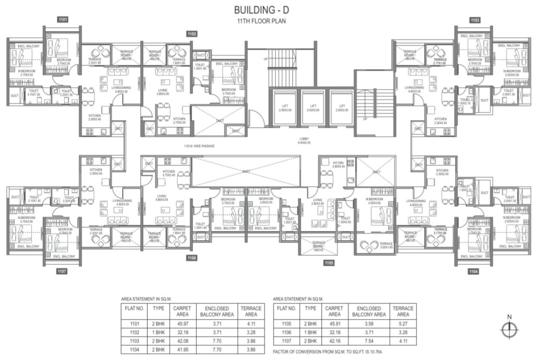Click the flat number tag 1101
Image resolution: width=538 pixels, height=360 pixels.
pos(62,20)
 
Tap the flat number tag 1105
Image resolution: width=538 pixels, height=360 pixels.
pos(328,263)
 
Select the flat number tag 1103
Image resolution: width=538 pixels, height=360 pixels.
pos(474,20)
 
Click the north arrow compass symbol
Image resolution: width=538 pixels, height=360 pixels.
pos(509,329)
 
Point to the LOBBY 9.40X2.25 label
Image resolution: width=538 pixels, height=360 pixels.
pos(304,141)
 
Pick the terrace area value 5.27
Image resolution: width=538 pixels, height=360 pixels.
pos(403,324)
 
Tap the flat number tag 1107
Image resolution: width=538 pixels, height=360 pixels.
pos(62,271)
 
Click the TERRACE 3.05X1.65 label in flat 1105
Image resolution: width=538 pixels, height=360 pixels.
pos(385,246)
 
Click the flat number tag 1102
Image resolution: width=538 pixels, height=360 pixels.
pos(191,34)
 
